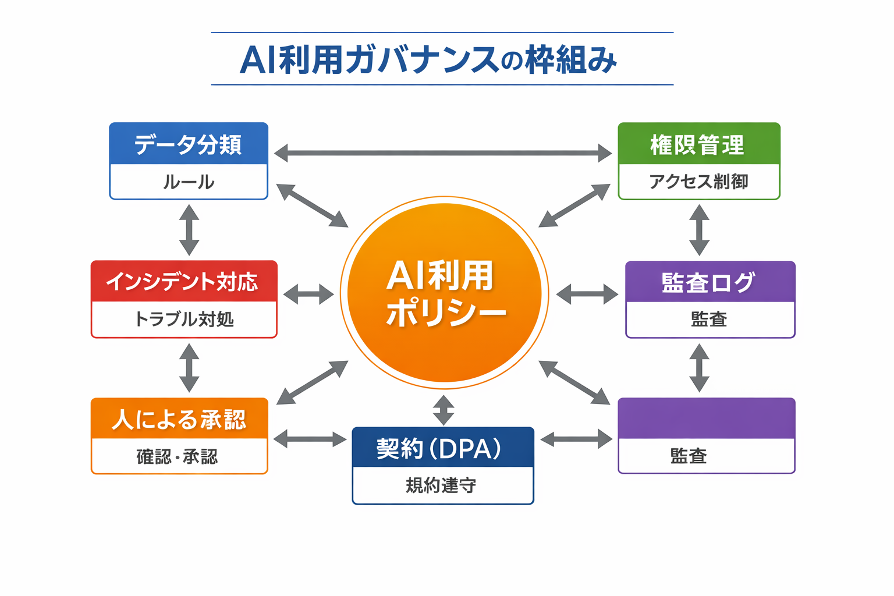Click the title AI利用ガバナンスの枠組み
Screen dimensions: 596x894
click(x=428, y=59)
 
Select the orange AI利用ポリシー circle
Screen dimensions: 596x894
click(x=444, y=293)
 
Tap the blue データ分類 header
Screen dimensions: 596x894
click(x=189, y=144)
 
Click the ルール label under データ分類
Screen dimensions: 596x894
click(x=189, y=182)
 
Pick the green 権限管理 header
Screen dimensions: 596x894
click(x=698, y=144)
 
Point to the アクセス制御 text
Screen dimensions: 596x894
click(x=698, y=182)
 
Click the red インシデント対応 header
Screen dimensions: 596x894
click(x=183, y=282)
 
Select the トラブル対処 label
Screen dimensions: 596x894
click(x=183, y=319)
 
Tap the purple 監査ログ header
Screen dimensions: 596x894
click(x=709, y=282)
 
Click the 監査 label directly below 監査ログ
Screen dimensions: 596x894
click(x=709, y=319)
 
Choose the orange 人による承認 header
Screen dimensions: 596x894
click(x=179, y=419)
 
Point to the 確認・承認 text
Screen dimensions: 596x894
click(x=178, y=456)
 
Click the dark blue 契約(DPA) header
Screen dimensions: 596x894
click(x=442, y=448)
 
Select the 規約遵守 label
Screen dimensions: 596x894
click(x=441, y=485)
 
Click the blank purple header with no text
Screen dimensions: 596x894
click(x=706, y=418)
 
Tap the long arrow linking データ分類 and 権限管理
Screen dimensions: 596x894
click(x=442, y=154)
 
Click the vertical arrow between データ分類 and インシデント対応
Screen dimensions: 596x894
click(x=189, y=230)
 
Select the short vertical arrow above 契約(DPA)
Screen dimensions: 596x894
click(x=444, y=410)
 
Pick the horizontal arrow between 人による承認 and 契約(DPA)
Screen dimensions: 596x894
click(x=310, y=439)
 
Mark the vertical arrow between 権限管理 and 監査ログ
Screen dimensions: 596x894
click(x=699, y=230)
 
